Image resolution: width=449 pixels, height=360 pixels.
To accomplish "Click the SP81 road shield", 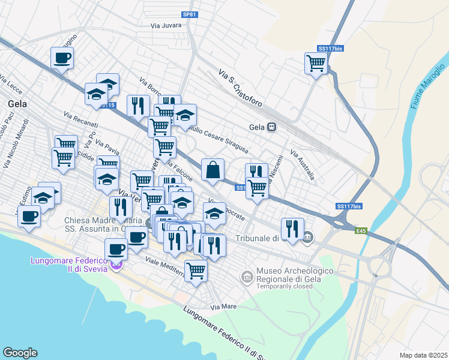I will [x=189, y=14].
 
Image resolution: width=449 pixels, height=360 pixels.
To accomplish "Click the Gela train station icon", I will [x=272, y=127].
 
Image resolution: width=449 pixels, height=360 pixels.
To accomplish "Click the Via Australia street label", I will [x=303, y=165].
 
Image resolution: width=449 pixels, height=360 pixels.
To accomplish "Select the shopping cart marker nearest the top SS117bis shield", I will [x=316, y=62].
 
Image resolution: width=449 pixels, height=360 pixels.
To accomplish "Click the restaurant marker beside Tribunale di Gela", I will [x=292, y=229].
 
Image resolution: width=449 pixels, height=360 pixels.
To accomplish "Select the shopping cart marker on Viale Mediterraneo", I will [x=196, y=271].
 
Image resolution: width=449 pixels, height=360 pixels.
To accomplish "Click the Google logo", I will [x=19, y=353].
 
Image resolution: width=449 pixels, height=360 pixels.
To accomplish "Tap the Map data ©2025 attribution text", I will [x=423, y=355].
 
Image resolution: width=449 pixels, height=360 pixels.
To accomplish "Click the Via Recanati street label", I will [x=80, y=118].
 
